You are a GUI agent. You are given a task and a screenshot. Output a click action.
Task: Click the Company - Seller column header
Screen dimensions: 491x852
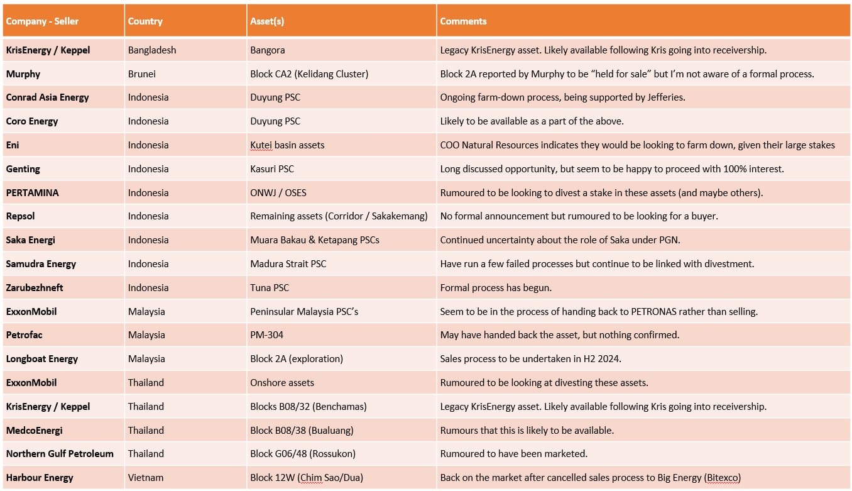pyautogui.click(x=42, y=21)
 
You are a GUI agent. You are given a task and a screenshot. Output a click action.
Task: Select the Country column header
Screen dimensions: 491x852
pyautogui.click(x=145, y=21)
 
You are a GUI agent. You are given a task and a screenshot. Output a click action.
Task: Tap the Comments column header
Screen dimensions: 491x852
pyautogui.click(x=463, y=21)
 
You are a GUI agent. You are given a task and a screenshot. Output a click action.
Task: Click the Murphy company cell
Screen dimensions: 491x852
pyautogui.click(x=23, y=74)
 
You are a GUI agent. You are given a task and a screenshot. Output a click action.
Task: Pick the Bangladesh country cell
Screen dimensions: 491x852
pyautogui.click(x=152, y=50)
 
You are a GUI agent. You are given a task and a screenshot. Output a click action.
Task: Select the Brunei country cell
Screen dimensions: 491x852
pyautogui.click(x=142, y=74)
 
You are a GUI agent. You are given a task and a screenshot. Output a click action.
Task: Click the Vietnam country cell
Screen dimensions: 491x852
pyautogui.click(x=146, y=478)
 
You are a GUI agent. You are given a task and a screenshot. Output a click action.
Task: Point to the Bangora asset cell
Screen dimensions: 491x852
pyautogui.click(x=268, y=50)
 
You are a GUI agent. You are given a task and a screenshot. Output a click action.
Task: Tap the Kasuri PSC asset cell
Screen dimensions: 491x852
pyautogui.click(x=272, y=169)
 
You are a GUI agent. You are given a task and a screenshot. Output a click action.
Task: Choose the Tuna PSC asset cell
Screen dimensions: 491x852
pyautogui.click(x=270, y=288)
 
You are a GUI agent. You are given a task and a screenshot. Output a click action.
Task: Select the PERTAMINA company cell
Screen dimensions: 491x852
pyautogui.click(x=32, y=193)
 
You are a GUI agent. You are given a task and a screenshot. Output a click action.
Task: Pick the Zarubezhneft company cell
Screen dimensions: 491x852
pyautogui.click(x=35, y=288)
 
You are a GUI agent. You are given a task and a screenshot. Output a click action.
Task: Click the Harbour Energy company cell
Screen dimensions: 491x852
pyautogui.click(x=40, y=478)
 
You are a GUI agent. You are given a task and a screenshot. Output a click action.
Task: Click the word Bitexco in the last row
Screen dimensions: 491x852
pyautogui.click(x=723, y=478)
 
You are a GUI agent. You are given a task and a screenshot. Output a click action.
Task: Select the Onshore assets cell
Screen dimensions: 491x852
pyautogui.click(x=282, y=383)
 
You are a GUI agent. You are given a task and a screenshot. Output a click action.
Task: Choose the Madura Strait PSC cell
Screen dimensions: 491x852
pyautogui.click(x=288, y=264)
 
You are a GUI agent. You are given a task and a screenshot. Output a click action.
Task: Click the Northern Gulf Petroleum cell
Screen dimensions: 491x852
pyautogui.click(x=60, y=454)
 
